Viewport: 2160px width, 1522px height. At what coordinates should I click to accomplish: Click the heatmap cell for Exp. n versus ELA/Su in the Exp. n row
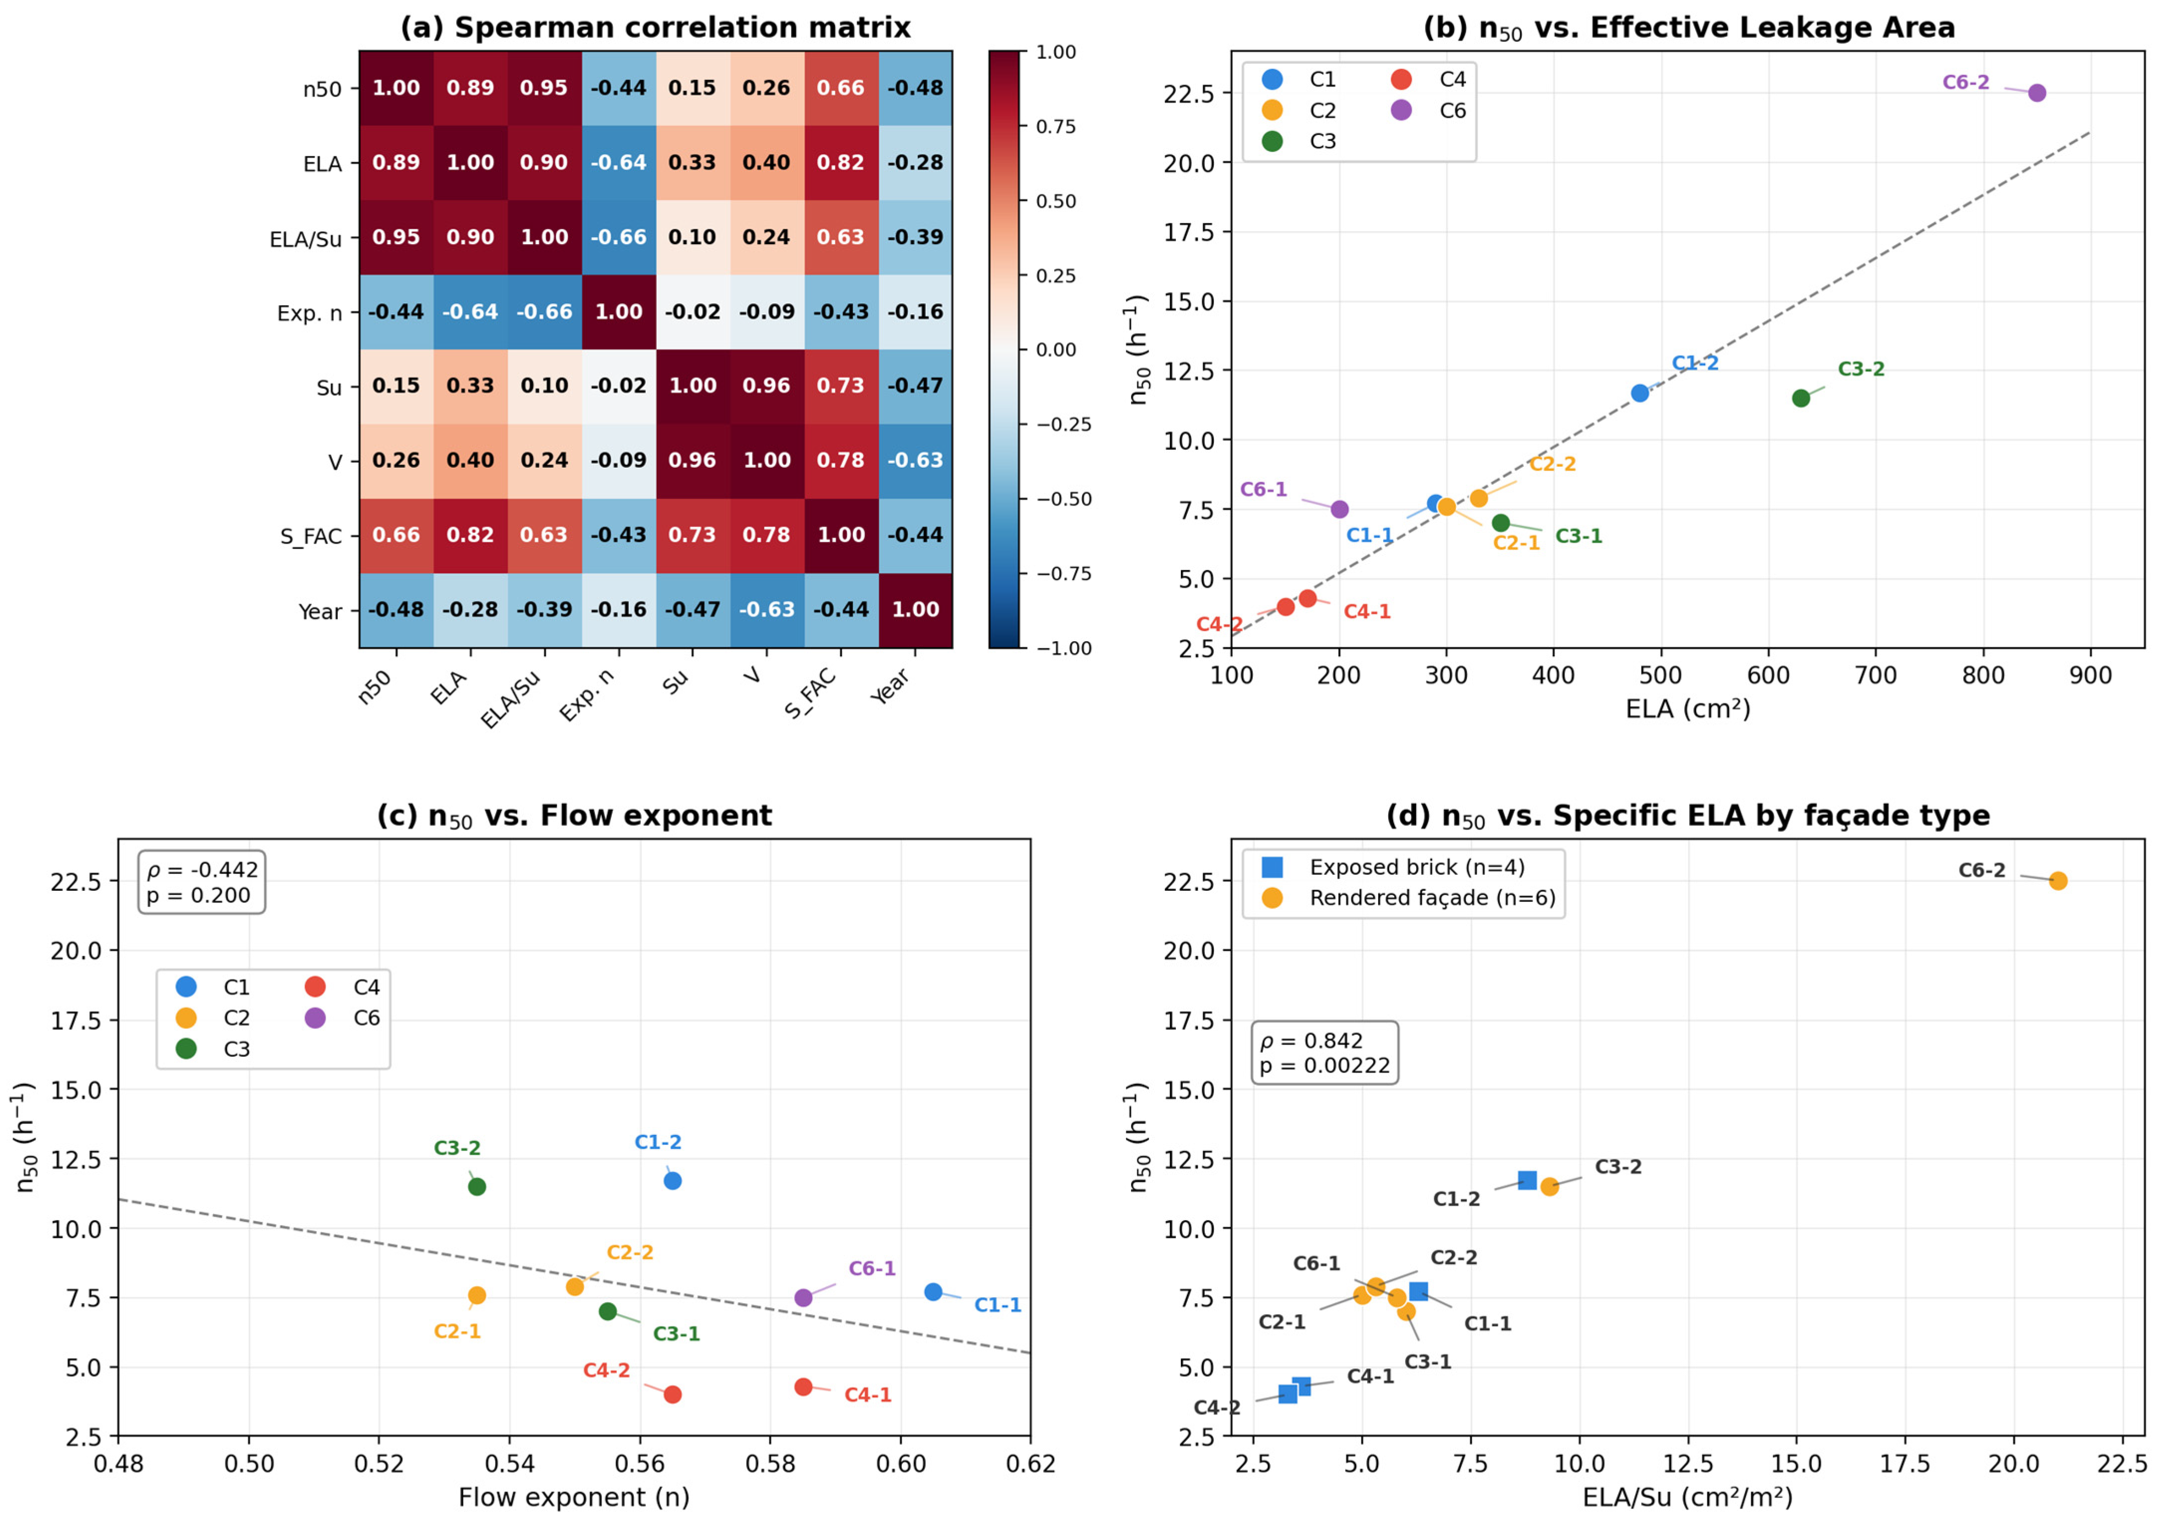pos(545,312)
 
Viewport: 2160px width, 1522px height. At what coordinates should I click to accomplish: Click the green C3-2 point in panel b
pos(1801,398)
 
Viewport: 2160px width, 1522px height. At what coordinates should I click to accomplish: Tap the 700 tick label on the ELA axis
pos(1876,676)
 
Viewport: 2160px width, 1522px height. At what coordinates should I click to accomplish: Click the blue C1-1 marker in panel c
pos(933,1291)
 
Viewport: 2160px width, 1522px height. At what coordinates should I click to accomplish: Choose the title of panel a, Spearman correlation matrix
pos(656,27)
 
